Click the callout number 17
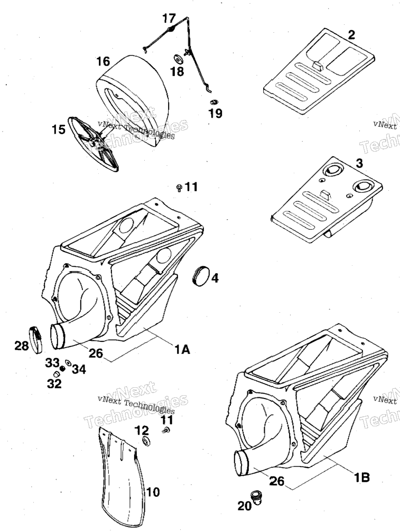[169, 18]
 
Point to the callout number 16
[103, 61]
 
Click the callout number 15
[58, 129]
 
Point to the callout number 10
[153, 491]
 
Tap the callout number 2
[351, 35]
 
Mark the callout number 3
[359, 163]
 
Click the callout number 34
[79, 369]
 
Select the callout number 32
[54, 384]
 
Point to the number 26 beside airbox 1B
[276, 481]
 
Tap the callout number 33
[53, 362]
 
